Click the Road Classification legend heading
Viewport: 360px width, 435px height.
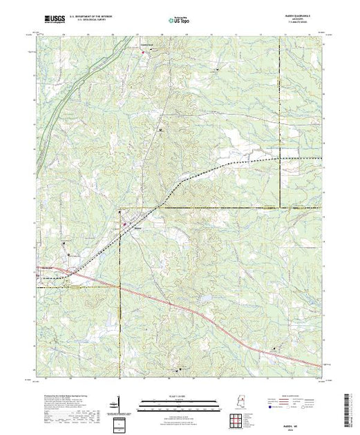(294, 394)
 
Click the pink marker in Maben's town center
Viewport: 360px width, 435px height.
(124, 223)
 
